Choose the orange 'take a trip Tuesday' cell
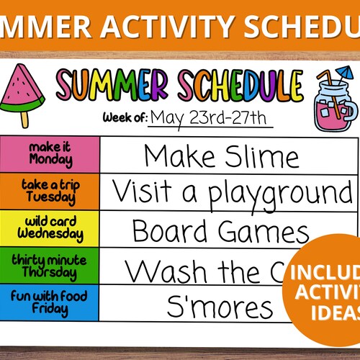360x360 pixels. (50, 192)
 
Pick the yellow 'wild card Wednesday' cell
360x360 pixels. (50, 229)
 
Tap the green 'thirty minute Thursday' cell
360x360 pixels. (50, 267)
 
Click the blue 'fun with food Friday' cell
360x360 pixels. (50, 304)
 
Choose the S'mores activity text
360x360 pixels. (220, 307)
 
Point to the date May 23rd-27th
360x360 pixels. (210, 117)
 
